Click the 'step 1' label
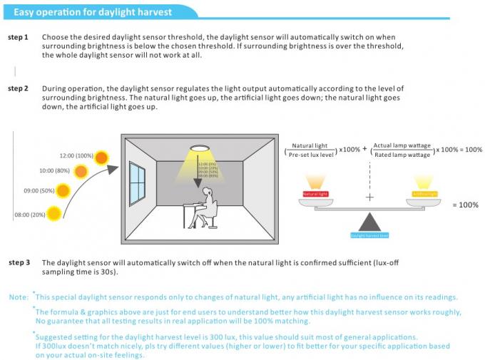19,36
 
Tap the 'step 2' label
19,88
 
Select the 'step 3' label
19,262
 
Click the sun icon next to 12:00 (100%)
103,157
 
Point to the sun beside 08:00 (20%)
53,212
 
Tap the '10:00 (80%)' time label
54,171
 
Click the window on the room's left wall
137,183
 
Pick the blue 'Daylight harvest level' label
369,235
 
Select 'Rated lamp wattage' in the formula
402,155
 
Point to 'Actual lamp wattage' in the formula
402,145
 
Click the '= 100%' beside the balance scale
465,205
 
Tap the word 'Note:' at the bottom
19,297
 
